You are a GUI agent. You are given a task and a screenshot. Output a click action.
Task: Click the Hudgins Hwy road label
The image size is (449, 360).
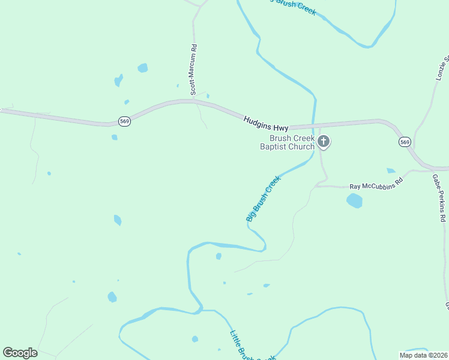(266, 124)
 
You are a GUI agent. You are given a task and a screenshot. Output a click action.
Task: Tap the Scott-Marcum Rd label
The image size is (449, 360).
(193, 70)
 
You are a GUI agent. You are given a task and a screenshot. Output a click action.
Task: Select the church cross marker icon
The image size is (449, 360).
(324, 142)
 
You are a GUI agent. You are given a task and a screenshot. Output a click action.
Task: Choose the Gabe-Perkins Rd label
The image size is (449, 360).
(438, 198)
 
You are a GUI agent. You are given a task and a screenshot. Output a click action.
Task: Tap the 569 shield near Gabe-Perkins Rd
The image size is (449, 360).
(405, 142)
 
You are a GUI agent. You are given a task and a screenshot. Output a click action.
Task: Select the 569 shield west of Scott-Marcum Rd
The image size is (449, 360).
(124, 119)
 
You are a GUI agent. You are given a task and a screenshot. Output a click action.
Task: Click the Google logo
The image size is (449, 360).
(20, 353)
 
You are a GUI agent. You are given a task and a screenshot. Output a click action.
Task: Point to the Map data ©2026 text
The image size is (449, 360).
(423, 355)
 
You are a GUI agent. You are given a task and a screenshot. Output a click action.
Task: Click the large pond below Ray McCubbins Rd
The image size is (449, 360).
(355, 200)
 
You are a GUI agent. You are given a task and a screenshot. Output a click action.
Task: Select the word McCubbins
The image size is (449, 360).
(377, 184)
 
